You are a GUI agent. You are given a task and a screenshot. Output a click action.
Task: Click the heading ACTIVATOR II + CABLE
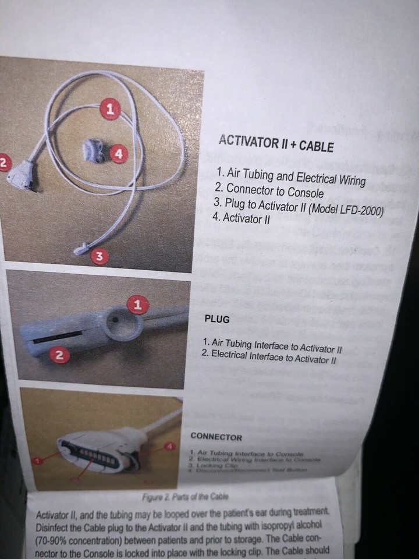[276, 144]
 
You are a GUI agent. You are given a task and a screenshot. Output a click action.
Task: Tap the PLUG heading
[218, 319]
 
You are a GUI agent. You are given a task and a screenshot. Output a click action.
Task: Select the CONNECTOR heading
[216, 437]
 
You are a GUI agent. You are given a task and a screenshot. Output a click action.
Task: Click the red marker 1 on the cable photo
[109, 108]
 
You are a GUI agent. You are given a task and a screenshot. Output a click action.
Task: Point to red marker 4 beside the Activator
[118, 154]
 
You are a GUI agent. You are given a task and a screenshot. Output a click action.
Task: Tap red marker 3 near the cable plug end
[101, 256]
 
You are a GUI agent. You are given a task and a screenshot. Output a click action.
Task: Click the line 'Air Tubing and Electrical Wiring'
[291, 176]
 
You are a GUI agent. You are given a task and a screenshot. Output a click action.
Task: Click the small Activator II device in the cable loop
[93, 151]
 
